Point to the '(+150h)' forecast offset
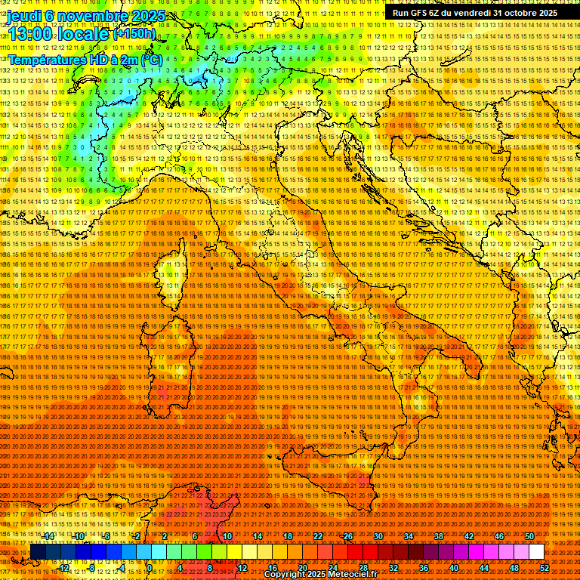(134, 33)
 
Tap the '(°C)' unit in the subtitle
(150, 59)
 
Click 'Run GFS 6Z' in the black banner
(420, 13)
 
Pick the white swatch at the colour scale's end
(536, 552)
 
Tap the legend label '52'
(545, 568)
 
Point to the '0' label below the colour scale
(150, 568)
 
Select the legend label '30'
(378, 536)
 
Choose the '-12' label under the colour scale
(63, 568)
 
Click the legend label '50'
(529, 536)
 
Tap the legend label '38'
(439, 536)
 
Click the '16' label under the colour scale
(273, 568)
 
